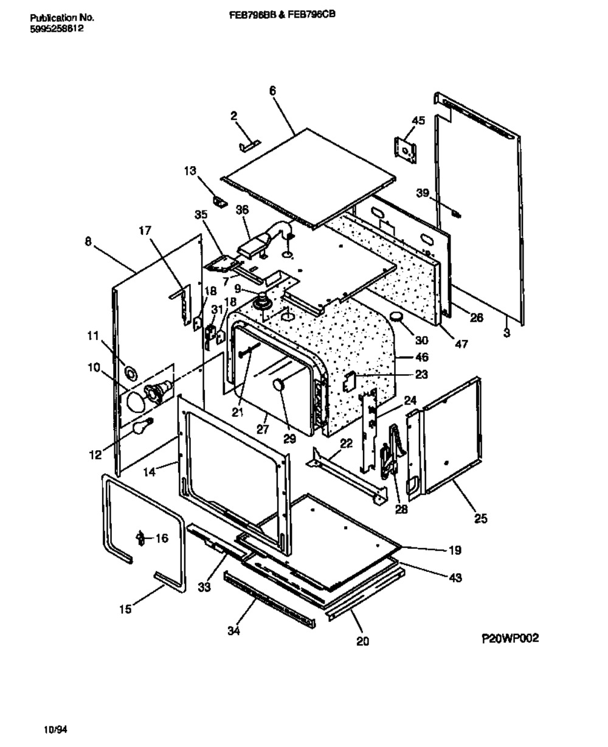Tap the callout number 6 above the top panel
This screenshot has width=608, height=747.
(272, 90)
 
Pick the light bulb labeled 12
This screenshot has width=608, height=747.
(141, 428)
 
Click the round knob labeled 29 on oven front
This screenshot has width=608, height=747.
(279, 383)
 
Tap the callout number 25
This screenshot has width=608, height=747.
(480, 518)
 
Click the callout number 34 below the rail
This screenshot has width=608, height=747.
(233, 631)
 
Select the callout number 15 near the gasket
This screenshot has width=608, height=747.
(125, 608)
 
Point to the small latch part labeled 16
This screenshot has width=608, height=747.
(141, 538)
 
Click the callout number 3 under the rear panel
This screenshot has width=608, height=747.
(507, 333)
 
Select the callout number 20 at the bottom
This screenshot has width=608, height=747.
(363, 641)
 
